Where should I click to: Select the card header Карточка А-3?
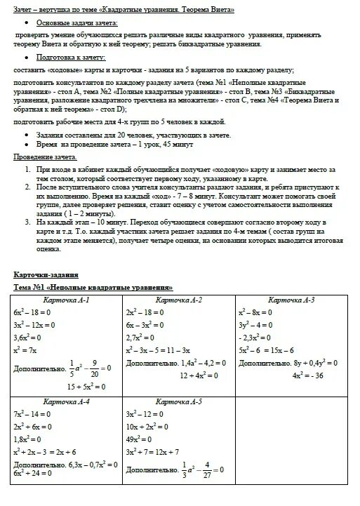(291, 300)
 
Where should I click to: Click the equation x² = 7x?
(26, 349)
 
